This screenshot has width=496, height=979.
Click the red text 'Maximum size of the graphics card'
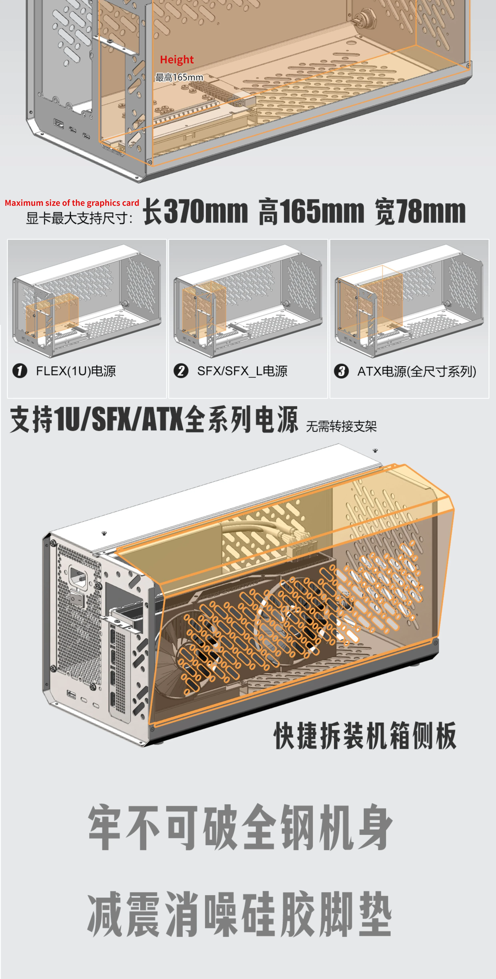point(72,203)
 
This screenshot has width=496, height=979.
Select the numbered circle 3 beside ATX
point(341,371)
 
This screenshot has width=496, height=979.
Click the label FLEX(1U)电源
point(76,371)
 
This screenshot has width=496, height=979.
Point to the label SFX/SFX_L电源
point(242,371)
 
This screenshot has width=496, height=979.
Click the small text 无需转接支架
point(341,426)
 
